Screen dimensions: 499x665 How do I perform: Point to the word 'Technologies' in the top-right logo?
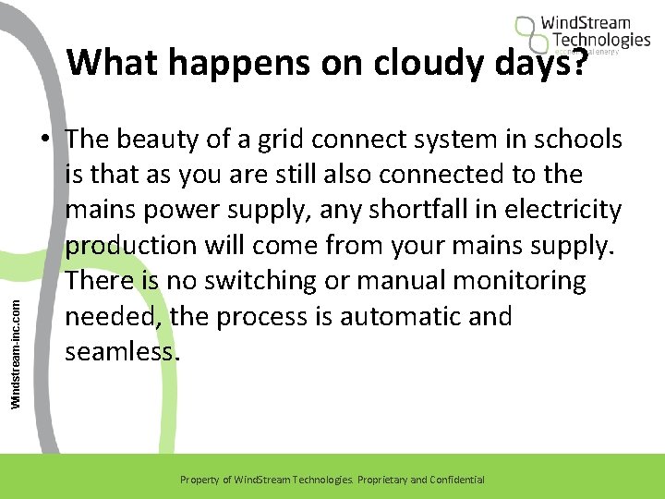click(601, 40)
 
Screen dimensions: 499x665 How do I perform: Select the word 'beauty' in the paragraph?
click(167, 140)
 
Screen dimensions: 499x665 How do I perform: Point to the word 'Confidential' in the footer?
click(453, 480)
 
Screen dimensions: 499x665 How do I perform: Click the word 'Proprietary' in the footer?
click(379, 480)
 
